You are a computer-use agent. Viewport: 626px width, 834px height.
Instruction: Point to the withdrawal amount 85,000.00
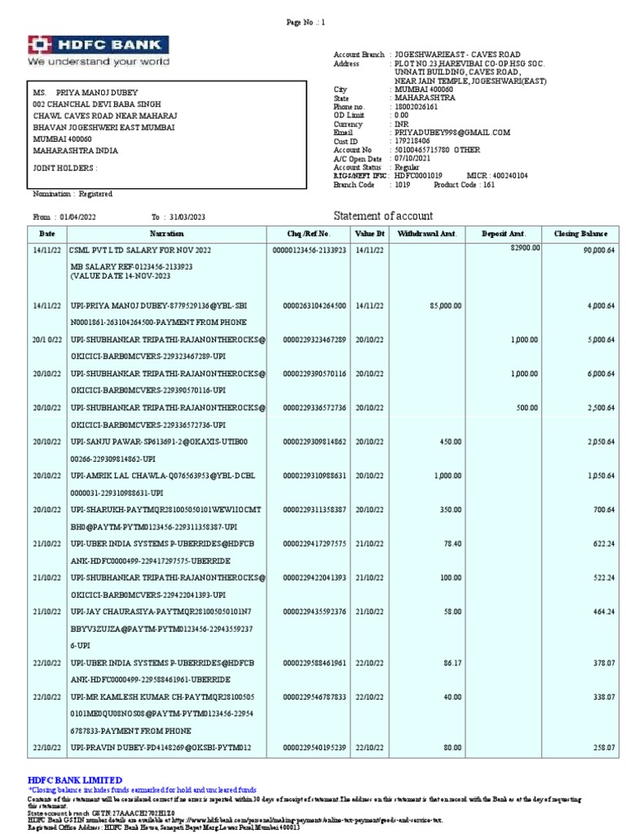click(x=445, y=305)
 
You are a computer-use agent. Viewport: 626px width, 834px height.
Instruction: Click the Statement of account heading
click(x=383, y=216)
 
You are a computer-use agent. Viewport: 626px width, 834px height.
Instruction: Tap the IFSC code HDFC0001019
click(x=418, y=176)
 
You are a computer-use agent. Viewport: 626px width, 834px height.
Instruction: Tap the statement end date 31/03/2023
click(x=187, y=217)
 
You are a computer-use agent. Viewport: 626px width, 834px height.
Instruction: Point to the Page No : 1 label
click(x=306, y=23)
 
